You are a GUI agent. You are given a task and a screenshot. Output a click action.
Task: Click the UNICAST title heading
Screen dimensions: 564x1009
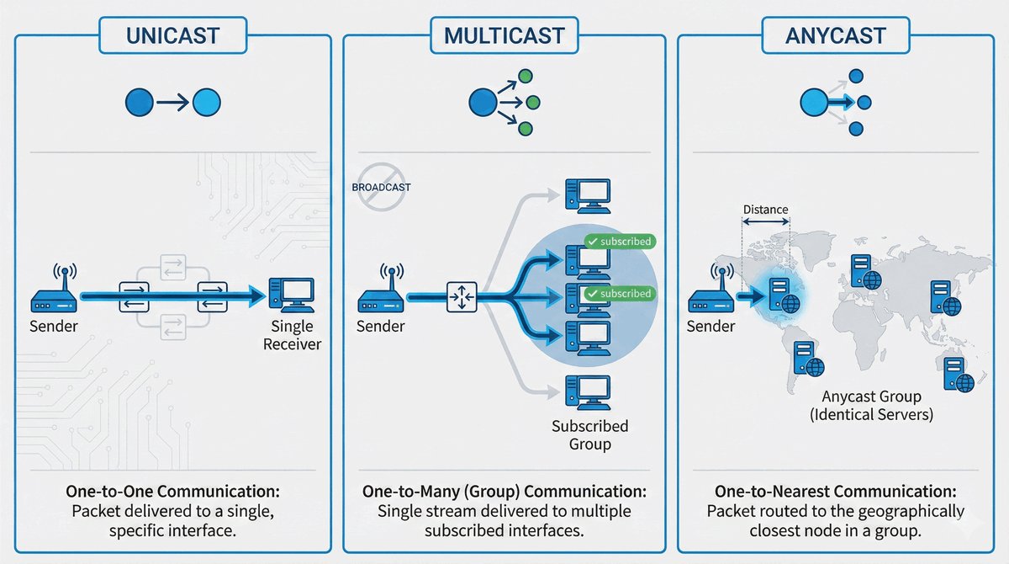173,36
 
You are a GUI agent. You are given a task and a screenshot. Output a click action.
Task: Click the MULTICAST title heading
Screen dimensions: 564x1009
504,36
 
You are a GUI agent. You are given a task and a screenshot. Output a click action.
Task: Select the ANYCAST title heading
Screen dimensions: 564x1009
835,36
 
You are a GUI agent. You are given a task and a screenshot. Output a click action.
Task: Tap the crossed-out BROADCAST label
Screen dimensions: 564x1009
381,187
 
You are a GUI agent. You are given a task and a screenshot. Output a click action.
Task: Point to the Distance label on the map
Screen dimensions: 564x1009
764,210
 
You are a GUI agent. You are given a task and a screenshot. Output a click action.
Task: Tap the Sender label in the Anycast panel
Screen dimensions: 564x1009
711,327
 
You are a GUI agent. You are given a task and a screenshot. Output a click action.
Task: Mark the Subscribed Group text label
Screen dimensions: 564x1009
589,434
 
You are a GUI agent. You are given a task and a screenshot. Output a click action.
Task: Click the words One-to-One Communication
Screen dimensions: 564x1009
173,491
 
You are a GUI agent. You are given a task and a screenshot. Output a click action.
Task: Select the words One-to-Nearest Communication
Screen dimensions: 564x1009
835,491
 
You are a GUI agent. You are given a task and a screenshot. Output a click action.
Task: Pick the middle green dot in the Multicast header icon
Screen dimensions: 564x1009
531,102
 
